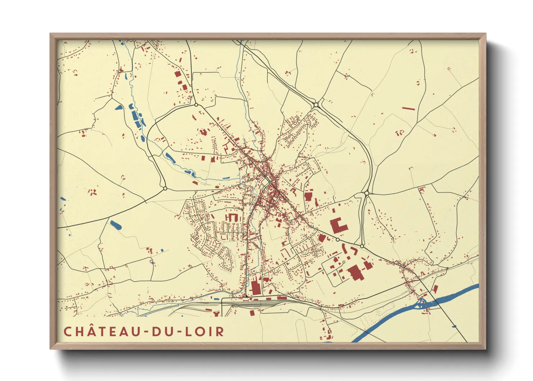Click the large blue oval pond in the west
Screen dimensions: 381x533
click(x=116, y=226)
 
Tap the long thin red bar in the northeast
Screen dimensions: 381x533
click(x=408, y=108)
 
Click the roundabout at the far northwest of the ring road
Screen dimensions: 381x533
click(x=196, y=105)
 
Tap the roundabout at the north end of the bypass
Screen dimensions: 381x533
click(x=316, y=105)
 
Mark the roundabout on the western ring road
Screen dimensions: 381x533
click(x=165, y=188)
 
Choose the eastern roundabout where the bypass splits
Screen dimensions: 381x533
click(x=367, y=193)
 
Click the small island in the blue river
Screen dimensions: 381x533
click(x=421, y=305)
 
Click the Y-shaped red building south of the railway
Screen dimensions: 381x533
click(x=216, y=314)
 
